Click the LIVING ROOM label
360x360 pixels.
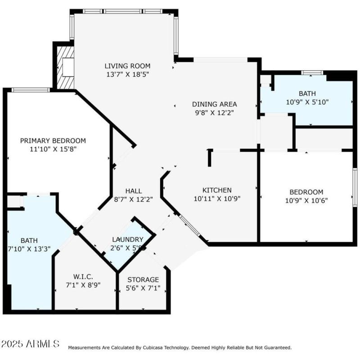(x=127, y=66)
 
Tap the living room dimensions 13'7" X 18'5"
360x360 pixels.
(x=127, y=74)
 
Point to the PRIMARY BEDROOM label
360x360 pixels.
(x=53, y=141)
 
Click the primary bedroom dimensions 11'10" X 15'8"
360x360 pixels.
(x=53, y=149)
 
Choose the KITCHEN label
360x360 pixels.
(x=217, y=190)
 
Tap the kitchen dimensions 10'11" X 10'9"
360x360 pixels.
(x=217, y=199)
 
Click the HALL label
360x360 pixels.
(x=134, y=190)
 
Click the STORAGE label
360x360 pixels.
(x=143, y=279)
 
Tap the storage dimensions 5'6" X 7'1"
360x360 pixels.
(x=143, y=288)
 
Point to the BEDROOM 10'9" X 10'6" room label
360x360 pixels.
(x=306, y=192)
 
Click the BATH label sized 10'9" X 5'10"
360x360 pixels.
(x=307, y=93)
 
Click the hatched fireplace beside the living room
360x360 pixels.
(x=66, y=68)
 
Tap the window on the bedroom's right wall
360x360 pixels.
(x=355, y=187)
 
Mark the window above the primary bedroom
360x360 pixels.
(x=31, y=90)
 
